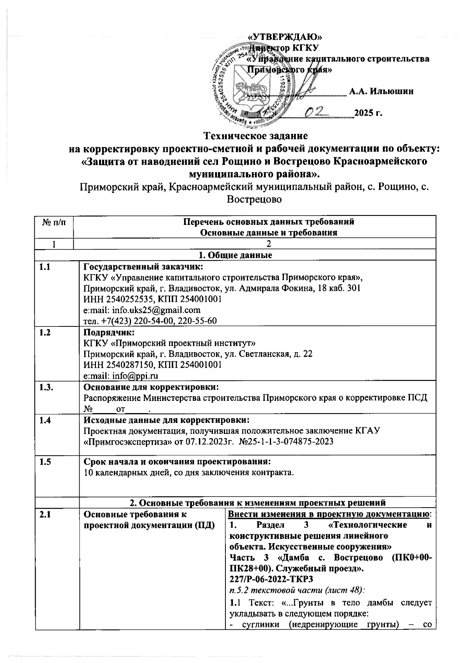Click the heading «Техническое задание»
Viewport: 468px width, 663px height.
[x=256, y=136]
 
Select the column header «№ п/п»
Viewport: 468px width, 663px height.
[x=54, y=222]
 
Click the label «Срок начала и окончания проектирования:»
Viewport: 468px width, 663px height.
[x=177, y=462]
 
